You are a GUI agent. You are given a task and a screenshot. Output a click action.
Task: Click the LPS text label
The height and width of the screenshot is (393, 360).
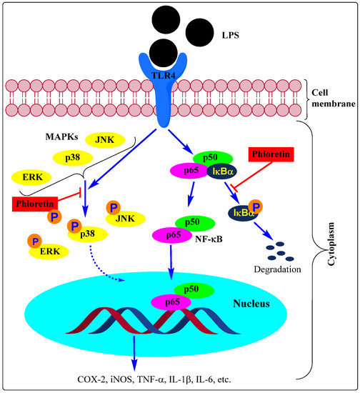231,34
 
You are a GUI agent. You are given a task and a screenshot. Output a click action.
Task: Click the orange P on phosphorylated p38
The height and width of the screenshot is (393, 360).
74,227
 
